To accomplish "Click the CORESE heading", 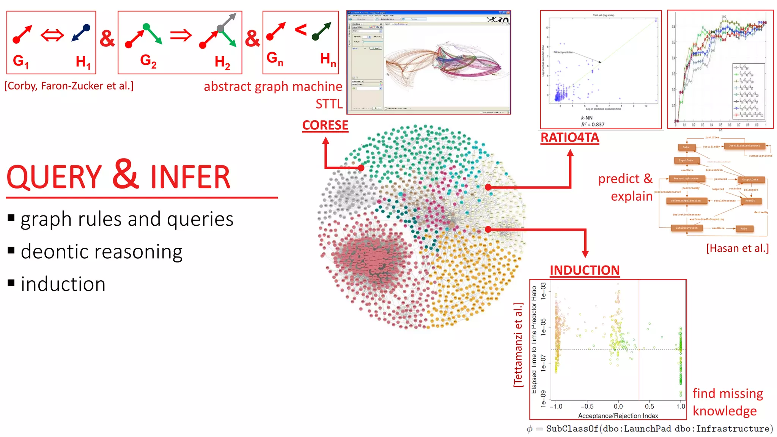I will coord(325,125).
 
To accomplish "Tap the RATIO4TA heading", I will coord(569,137).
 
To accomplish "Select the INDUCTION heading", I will coord(584,270).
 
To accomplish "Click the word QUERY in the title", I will coord(54,177).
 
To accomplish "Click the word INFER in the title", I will coord(190,177).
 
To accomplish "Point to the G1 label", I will coord(20,61).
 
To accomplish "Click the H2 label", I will coord(222,62).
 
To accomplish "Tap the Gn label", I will coord(275,58).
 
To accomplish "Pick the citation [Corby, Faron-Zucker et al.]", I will coord(69,86).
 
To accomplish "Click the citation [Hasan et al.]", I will coord(737,248).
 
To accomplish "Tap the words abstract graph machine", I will coord(273,86).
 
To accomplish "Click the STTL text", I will coord(329,104).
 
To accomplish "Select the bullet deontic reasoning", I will coord(101,252).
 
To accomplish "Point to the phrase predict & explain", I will coord(626,187).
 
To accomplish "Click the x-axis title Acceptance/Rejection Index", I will coord(618,416).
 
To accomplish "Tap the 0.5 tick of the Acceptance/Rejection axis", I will coord(649,406).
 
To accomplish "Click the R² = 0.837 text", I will coord(593,124).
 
